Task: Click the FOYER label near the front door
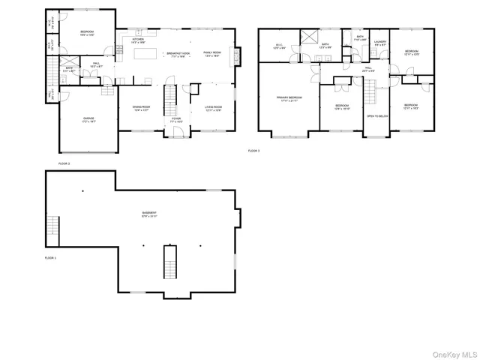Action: [175, 118]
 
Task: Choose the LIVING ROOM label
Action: [213, 108]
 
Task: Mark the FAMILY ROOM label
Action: [212, 53]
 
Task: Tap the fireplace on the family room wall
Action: [238, 56]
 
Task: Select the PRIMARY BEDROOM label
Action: [289, 99]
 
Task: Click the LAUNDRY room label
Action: [379, 43]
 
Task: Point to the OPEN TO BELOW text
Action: [376, 116]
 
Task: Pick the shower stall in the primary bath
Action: [308, 38]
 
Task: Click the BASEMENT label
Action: [149, 214]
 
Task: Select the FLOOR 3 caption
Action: [253, 151]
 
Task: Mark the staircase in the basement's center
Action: [170, 261]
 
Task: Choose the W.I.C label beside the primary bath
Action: [278, 45]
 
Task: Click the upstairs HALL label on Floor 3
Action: [368, 69]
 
